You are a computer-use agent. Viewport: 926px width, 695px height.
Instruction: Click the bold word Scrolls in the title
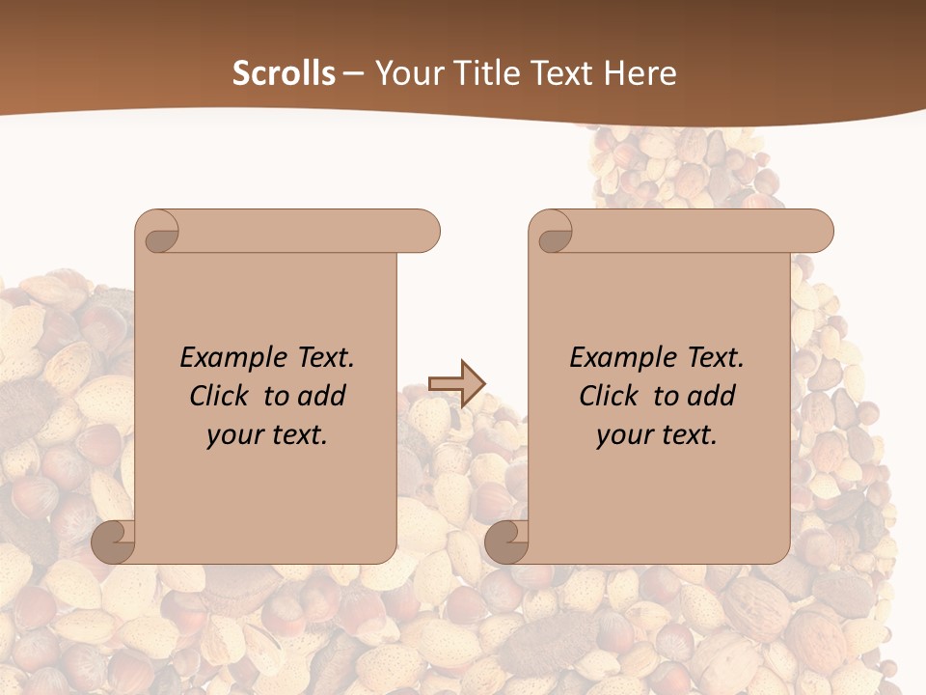284,73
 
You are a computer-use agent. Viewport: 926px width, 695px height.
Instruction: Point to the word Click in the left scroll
222,396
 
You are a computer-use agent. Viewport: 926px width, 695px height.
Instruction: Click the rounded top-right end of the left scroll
424,232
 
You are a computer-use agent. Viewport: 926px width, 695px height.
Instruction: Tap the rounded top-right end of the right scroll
818,232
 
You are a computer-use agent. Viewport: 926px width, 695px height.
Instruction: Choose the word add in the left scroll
323,396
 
